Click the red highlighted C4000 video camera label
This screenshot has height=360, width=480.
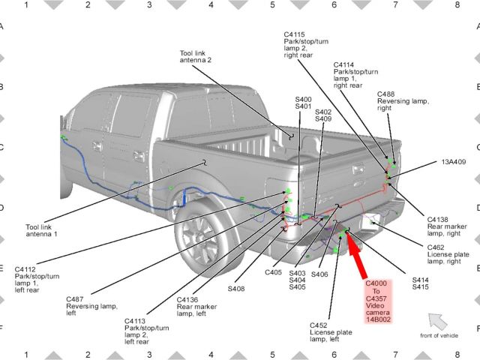[x=378, y=301]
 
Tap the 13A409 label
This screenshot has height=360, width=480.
[x=453, y=162]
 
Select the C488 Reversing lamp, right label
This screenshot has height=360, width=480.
[x=403, y=101]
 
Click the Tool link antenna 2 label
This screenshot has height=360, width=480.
[x=195, y=57]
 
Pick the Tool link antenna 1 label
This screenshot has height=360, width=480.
[x=41, y=230]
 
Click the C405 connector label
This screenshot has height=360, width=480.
[x=273, y=272]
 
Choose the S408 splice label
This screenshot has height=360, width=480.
[x=236, y=289]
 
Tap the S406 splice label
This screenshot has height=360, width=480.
[x=319, y=274]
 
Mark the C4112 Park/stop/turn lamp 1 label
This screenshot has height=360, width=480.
[x=37, y=280]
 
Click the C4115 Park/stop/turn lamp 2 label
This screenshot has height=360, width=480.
[x=306, y=45]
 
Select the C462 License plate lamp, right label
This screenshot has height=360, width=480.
[x=448, y=254]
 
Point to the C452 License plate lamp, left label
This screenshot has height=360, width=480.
[x=331, y=332]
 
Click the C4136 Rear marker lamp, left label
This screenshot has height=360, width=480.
[x=196, y=307]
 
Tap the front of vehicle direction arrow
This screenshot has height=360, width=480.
[x=437, y=321]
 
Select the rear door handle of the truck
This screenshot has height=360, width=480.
[x=139, y=156]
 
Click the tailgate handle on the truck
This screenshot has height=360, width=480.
[x=358, y=169]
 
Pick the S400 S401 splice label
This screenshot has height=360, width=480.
[x=303, y=103]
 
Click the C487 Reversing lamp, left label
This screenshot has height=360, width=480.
[x=91, y=306]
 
